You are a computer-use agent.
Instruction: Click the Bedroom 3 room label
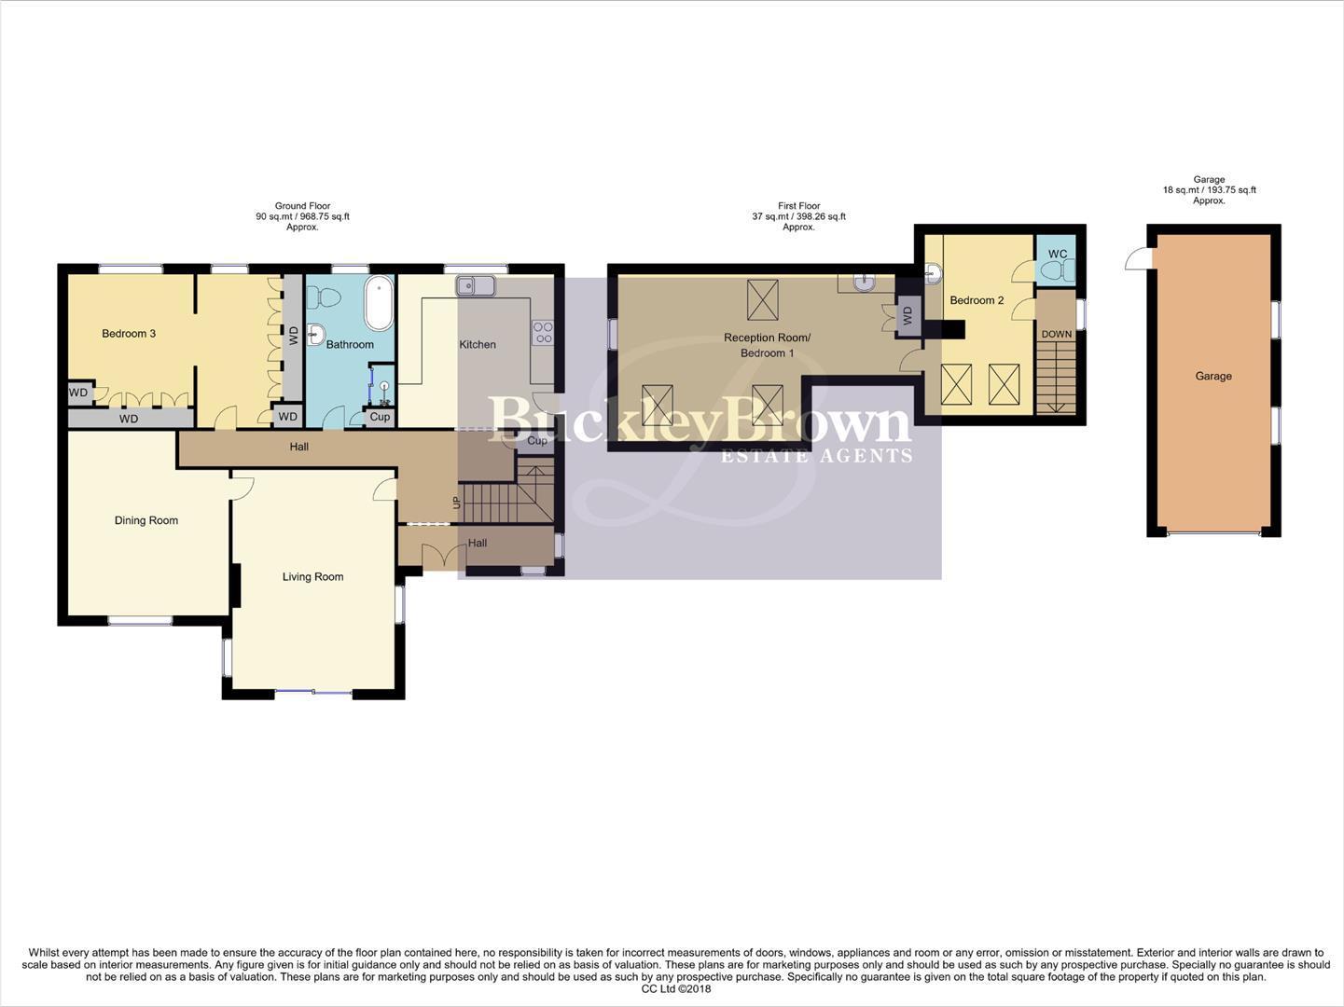(x=129, y=334)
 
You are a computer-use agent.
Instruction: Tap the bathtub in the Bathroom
(x=379, y=303)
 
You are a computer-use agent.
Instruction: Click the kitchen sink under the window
(x=477, y=285)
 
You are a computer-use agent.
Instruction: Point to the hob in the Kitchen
(x=542, y=333)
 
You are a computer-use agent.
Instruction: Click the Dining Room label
(x=146, y=520)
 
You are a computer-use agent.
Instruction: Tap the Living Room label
(x=312, y=577)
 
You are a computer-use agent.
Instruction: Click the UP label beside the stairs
(x=456, y=503)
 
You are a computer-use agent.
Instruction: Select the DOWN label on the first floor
(x=1057, y=334)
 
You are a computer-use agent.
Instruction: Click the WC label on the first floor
(x=1057, y=255)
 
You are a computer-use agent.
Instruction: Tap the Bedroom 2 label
(x=977, y=300)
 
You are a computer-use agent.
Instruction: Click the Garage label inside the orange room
(x=1213, y=377)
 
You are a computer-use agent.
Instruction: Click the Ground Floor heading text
(x=302, y=206)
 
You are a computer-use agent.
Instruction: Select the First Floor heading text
(x=798, y=206)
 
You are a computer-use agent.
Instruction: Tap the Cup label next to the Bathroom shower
(x=380, y=417)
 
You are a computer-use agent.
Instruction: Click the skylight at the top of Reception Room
(x=762, y=299)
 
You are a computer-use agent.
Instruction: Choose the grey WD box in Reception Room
(x=907, y=318)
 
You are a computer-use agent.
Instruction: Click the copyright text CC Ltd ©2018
(x=675, y=989)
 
